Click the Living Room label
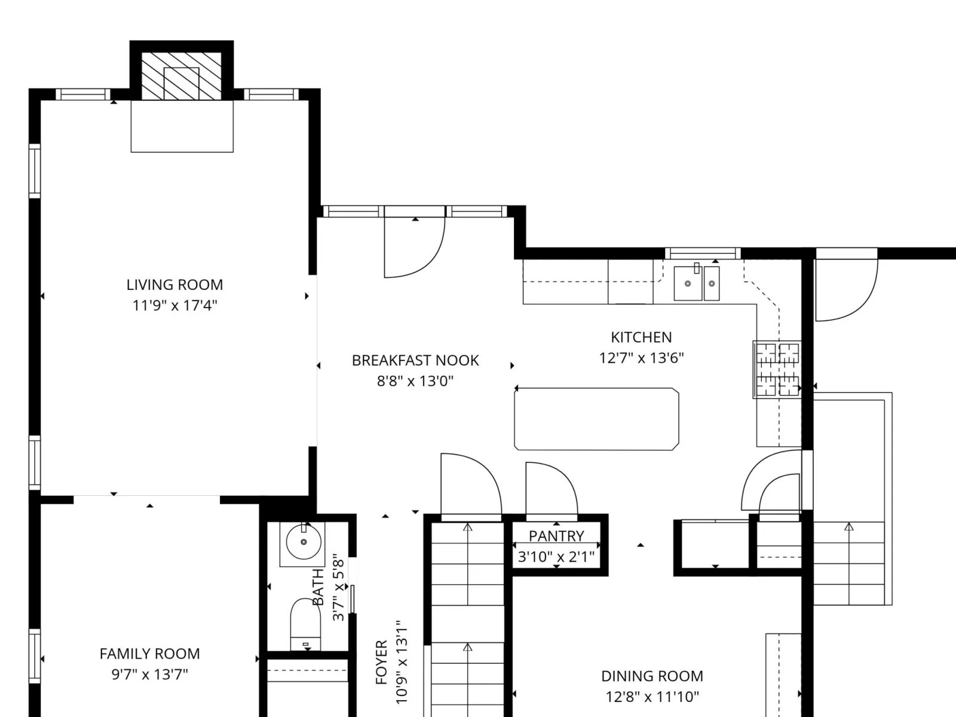tap(174, 285)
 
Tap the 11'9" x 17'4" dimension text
tap(174, 305)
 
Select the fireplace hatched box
tap(182, 76)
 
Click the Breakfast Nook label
tap(415, 360)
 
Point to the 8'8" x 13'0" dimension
tap(415, 381)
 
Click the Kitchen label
tap(641, 338)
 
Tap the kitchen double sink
tap(697, 283)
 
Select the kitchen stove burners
tap(777, 370)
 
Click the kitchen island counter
tap(596, 419)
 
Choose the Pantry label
tap(556, 536)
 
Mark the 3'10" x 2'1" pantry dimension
tap(556, 556)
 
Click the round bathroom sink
tap(304, 542)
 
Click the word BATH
tap(318, 587)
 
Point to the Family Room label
tap(150, 654)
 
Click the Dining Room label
tap(652, 676)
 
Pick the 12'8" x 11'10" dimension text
tap(652, 697)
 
